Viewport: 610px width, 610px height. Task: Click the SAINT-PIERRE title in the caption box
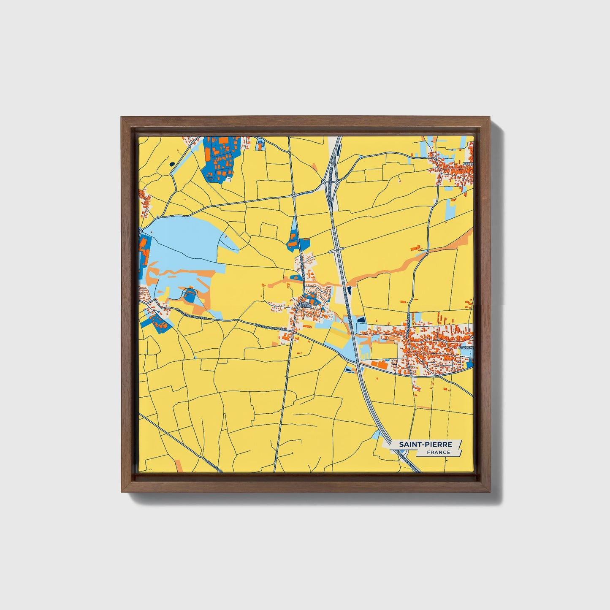click(426, 445)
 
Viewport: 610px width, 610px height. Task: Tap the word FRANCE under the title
click(438, 452)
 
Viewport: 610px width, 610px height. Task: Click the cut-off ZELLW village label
click(468, 164)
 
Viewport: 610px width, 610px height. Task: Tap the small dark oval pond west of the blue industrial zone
click(172, 164)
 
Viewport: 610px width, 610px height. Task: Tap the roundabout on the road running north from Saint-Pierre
click(293, 195)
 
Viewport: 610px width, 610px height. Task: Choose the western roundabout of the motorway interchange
click(323, 182)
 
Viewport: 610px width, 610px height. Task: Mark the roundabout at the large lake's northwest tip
click(140, 231)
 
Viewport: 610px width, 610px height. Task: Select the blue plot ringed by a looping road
click(190, 295)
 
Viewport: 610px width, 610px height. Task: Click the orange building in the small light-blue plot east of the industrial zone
click(260, 145)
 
